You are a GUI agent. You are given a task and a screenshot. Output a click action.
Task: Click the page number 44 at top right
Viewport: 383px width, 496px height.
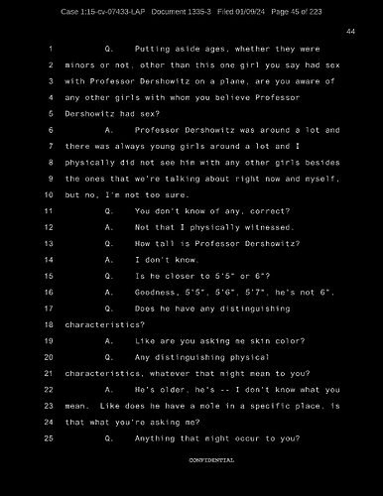tap(350, 32)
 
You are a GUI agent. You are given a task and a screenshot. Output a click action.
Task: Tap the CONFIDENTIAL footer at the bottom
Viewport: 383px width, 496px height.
tap(211, 461)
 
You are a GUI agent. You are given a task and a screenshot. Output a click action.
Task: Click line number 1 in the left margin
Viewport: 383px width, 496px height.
tap(49, 48)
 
